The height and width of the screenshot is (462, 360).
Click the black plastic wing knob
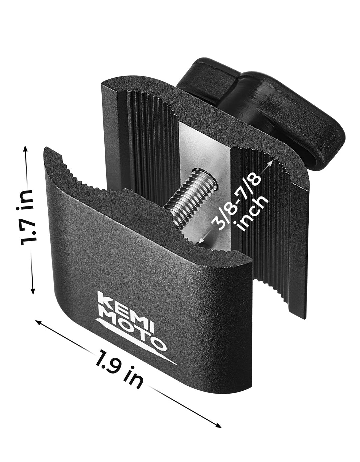(x=263, y=97)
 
